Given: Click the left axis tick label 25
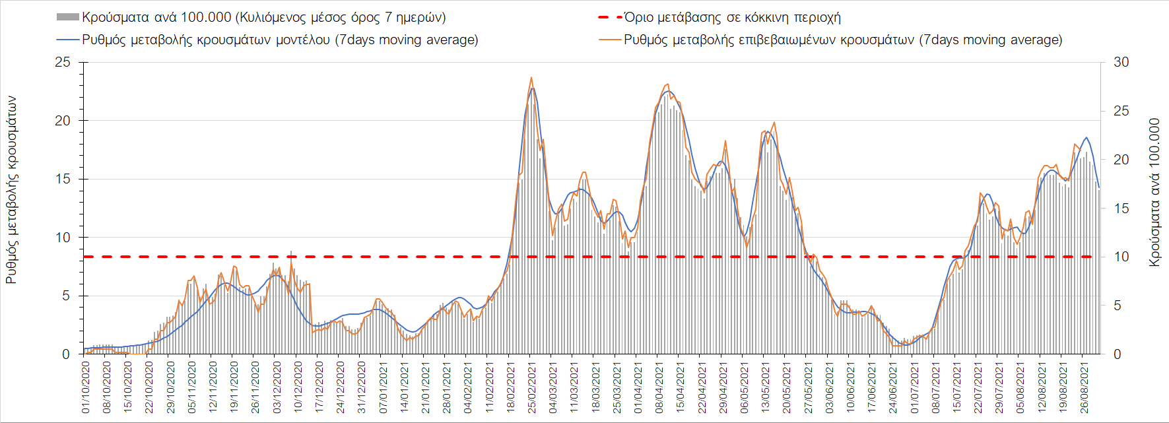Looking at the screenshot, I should [x=63, y=63].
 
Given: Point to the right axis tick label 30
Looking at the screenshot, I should [x=1121, y=62].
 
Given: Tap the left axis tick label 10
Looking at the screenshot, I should [x=63, y=238].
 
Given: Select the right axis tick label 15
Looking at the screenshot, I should [x=1121, y=209].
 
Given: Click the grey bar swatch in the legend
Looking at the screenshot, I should [x=68, y=17].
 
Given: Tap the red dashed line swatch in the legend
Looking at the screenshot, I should [x=610, y=17].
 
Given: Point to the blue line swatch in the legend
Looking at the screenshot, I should [x=68, y=40].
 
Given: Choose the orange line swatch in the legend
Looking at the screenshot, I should [x=610, y=40].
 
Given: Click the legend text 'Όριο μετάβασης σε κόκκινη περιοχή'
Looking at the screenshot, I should [x=733, y=17].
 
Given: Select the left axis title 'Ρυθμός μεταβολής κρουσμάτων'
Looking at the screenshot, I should [x=11, y=190].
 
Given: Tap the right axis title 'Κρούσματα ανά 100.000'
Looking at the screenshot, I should [x=1154, y=193].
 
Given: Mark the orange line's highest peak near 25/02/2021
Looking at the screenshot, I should [x=531, y=77].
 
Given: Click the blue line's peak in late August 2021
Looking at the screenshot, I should [x=1086, y=137].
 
